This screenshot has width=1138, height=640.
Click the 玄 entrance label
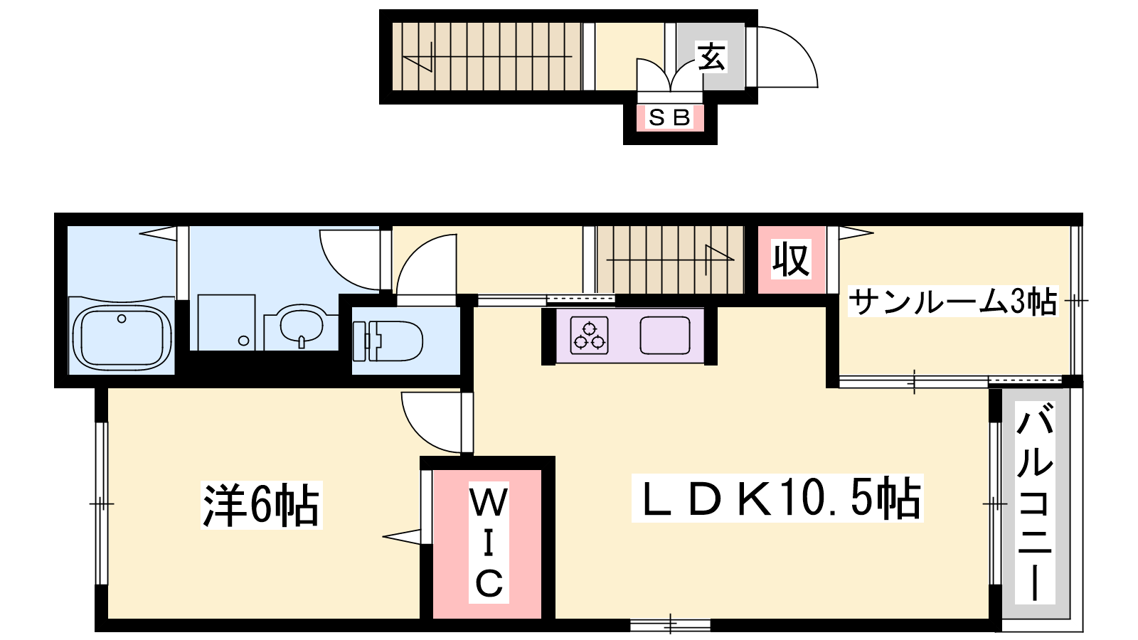coord(711,56)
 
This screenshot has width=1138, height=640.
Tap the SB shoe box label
coord(669,118)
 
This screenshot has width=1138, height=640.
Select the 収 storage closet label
coord(790,260)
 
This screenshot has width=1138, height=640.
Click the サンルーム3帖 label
coord(953,302)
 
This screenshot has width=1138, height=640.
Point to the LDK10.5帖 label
coord(777,498)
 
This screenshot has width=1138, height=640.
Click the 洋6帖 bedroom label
coord(261,506)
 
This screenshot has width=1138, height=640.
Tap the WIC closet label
coord(489,542)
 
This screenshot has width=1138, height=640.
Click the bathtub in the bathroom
coord(122,337)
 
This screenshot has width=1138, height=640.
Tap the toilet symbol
coord(388,341)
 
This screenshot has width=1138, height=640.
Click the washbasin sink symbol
coord(301,326)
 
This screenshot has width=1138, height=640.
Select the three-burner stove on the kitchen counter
coord(590,335)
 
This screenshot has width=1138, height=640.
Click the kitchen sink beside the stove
coord(664,335)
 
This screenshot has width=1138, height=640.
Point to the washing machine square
coord(227,323)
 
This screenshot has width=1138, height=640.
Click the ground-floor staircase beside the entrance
coord(486,56)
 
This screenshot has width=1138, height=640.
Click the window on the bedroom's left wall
coord(102,504)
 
